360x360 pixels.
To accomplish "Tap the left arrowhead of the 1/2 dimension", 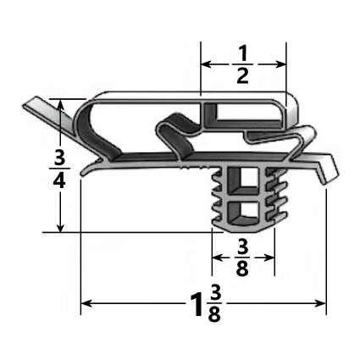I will tap(204, 63).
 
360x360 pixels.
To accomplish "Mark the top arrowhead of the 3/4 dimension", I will tap(60, 102).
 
